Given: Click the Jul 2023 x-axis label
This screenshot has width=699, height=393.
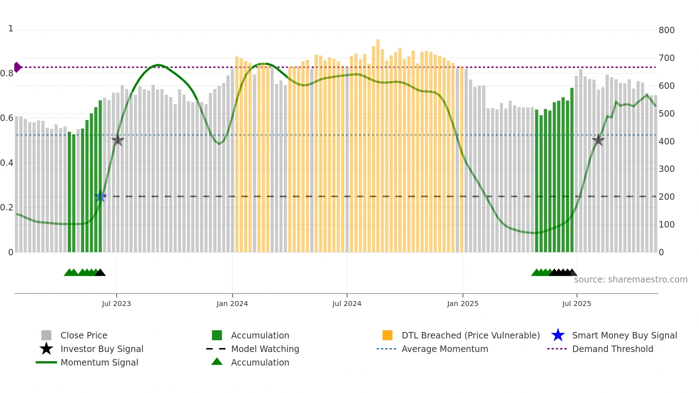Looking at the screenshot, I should point(116,303).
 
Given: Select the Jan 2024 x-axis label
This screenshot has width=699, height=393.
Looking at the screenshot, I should point(232,303).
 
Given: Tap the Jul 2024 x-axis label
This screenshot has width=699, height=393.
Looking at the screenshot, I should point(347,303).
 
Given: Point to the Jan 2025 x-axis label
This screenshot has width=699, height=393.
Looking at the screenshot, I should point(463,303).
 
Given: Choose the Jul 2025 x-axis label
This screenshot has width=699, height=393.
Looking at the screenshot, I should point(577,303).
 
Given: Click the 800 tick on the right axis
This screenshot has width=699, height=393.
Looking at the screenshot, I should point(667,30).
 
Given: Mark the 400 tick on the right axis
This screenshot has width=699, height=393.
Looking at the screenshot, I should point(667,142).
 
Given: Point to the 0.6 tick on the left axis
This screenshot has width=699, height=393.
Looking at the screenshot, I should point(7,118).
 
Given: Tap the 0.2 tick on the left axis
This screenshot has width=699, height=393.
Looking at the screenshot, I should point(7,208).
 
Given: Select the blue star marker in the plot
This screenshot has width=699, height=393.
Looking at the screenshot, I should point(100,196).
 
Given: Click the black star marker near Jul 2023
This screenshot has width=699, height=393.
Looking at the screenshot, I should point(118,140).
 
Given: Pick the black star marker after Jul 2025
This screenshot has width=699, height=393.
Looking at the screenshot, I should point(598,140).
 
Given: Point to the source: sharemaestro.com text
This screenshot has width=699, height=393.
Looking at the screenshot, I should point(631,280).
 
